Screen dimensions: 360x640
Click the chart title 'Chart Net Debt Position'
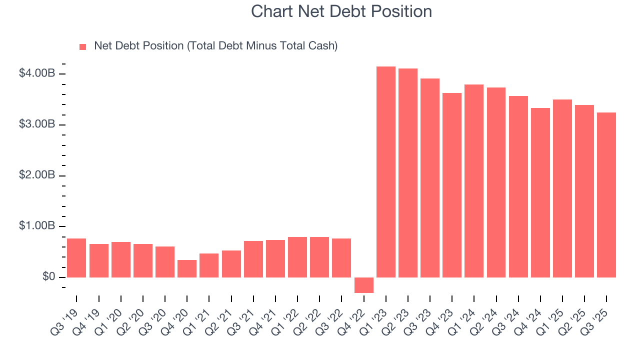click(x=341, y=11)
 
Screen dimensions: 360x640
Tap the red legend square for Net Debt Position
click(x=83, y=46)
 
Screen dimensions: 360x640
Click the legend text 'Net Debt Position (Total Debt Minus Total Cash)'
click(x=216, y=46)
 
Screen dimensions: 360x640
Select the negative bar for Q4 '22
click(x=363, y=285)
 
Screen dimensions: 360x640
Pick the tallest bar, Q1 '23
click(x=385, y=172)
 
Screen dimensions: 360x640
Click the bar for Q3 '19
click(x=76, y=258)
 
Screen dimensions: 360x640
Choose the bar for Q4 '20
click(x=187, y=268)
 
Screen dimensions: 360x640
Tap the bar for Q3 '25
click(x=606, y=195)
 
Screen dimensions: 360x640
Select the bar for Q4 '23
click(x=452, y=185)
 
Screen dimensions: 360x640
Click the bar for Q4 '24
click(x=540, y=192)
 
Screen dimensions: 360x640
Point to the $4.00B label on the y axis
click(x=36, y=73)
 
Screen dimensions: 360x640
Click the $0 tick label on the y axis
click(x=48, y=277)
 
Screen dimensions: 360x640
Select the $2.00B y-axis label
click(x=36, y=175)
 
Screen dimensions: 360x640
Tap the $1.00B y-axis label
click(x=36, y=226)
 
